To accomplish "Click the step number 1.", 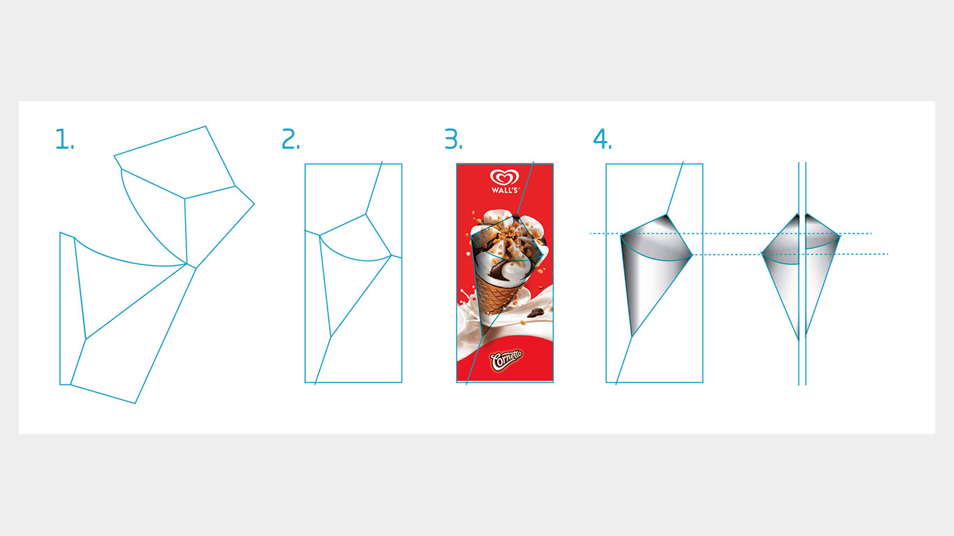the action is coord(64,139).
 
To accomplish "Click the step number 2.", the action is coord(291,139).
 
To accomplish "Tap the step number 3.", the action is coord(453,139).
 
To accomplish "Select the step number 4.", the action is coord(602,139).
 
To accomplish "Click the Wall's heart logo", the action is coord(505,177).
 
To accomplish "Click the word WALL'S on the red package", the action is coord(505,190).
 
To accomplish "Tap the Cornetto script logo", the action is coord(506,360).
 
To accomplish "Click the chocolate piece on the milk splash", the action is coord(536,313).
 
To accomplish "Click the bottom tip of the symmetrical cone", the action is coord(799,339).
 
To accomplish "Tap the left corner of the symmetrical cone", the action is coord(762,254).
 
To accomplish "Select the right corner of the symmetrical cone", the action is coord(840,235).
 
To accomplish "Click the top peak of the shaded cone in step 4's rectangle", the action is coord(666,215).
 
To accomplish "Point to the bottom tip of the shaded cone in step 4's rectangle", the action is coord(632,337).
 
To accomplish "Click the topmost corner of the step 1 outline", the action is coord(206,126).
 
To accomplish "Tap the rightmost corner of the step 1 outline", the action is coord(254,204).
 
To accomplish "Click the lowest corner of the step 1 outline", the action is coord(135,403).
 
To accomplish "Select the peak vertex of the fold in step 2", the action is coord(365,214).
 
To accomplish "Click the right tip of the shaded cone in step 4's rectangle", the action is coord(692,255).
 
